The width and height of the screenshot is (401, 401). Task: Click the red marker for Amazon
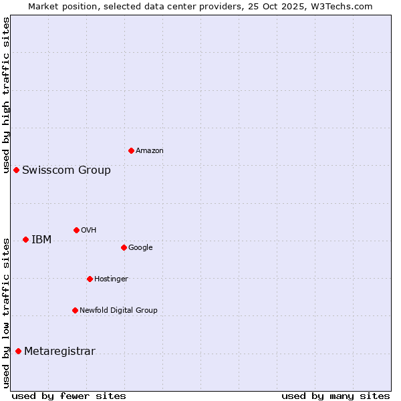pyautogui.click(x=131, y=150)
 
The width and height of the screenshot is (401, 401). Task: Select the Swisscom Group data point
pyautogui.click(x=16, y=170)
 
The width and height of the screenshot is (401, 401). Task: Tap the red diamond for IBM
pyautogui.click(x=25, y=239)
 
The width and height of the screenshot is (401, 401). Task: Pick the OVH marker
pyautogui.click(x=76, y=230)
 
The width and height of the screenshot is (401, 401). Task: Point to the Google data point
pyautogui.click(x=124, y=247)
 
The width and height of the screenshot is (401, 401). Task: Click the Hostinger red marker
pyautogui.click(x=90, y=279)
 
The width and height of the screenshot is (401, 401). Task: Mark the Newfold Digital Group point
pyautogui.click(x=75, y=310)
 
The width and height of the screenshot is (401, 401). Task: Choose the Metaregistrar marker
pyautogui.click(x=18, y=352)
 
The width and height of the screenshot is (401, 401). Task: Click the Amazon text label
pyautogui.click(x=150, y=151)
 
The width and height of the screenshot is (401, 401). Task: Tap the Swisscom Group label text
pyautogui.click(x=66, y=170)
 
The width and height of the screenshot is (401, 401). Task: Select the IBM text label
pyautogui.click(x=41, y=240)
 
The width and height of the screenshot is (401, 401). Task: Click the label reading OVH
pyautogui.click(x=89, y=231)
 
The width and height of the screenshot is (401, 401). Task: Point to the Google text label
pyautogui.click(x=140, y=248)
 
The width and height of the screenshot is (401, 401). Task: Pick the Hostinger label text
pyautogui.click(x=111, y=279)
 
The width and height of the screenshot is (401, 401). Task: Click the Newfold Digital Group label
pyautogui.click(x=118, y=311)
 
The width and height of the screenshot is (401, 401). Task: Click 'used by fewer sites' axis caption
pyautogui.click(x=69, y=396)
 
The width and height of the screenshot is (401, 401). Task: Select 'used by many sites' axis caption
pyautogui.click(x=336, y=396)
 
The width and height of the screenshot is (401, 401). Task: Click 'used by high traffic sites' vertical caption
pyautogui.click(x=6, y=95)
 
